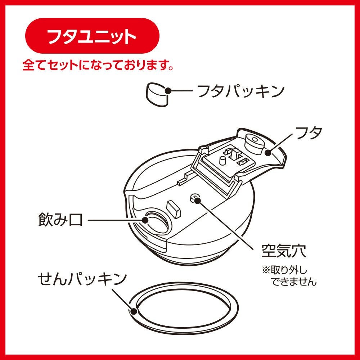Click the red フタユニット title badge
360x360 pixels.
(92, 36)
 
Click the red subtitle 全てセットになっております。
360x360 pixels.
(98, 66)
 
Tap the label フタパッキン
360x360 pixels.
(241, 91)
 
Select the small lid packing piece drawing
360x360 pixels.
(157, 94)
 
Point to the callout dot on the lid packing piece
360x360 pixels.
(168, 91)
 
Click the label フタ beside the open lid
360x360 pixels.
(309, 133)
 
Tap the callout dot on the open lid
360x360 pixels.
(268, 152)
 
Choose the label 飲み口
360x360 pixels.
(60, 220)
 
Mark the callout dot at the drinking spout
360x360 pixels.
(145, 220)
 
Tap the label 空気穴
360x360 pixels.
(284, 251)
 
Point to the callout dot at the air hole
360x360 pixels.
(197, 200)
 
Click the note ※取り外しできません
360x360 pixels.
(289, 276)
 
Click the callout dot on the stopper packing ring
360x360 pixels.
(134, 311)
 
